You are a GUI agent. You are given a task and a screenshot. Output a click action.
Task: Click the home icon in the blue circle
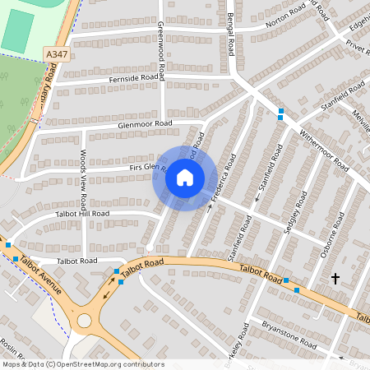tap(185, 177)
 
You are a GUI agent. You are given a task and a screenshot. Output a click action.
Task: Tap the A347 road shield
tap(55, 53)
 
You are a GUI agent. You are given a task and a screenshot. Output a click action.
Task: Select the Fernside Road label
tap(132, 79)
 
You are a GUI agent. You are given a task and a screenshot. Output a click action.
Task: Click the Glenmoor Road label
tap(144, 123)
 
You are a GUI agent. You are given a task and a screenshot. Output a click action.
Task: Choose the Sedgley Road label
tap(289, 214)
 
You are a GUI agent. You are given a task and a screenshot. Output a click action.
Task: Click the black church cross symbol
tap(335, 280)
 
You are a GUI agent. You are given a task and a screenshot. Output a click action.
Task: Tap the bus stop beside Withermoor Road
tap(281, 113)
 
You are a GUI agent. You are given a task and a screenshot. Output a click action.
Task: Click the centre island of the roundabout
tap(84, 319)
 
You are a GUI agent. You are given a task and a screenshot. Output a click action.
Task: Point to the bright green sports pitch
tap(16, 30)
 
